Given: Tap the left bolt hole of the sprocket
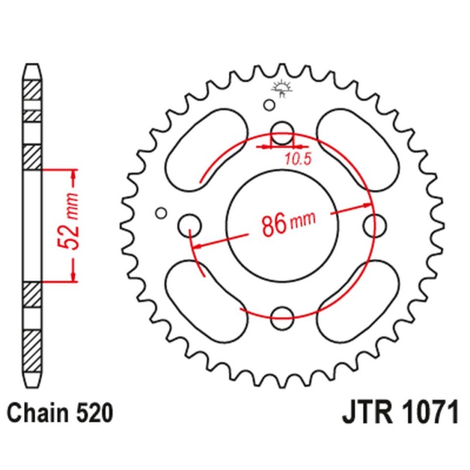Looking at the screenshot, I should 189,224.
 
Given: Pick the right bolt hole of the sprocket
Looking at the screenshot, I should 375,224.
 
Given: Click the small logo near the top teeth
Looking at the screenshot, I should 283,88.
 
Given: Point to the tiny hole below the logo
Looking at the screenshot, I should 269,105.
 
